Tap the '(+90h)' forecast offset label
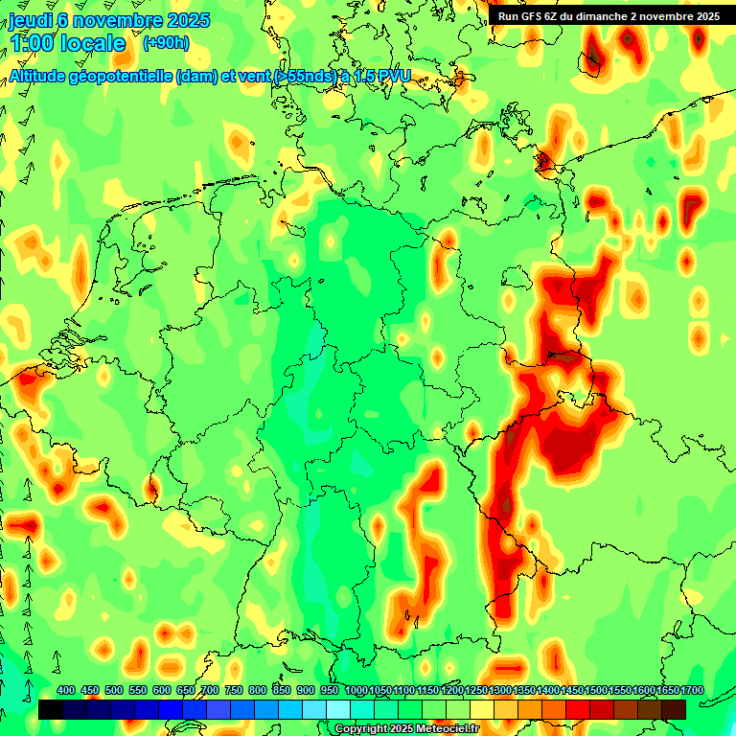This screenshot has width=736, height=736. (x=166, y=42)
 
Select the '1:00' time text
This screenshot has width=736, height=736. (x=32, y=43)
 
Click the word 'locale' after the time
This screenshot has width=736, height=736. (x=93, y=43)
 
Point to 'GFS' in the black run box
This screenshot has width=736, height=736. (x=535, y=16)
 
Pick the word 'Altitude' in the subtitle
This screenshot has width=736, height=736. (x=42, y=77)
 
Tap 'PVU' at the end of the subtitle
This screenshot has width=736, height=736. (x=393, y=77)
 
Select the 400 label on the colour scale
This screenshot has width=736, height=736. (x=66, y=691)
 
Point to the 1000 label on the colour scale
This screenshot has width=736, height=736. (x=356, y=691)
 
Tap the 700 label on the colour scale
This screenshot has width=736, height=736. (x=210, y=691)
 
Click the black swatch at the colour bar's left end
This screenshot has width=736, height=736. (x=51, y=709)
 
